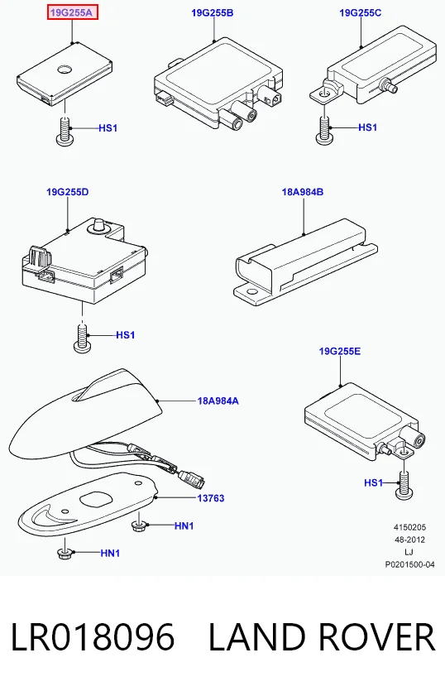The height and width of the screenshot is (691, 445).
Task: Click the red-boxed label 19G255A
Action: pyautogui.click(x=72, y=12)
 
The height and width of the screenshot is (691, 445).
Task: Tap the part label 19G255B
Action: pyautogui.click(x=213, y=12)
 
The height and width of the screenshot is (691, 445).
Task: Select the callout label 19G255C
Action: pyautogui.click(x=360, y=12)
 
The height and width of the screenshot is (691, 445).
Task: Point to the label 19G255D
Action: pyautogui.click(x=67, y=192)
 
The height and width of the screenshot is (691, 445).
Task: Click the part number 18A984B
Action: pyautogui.click(x=303, y=192)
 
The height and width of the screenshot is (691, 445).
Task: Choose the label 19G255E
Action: pyautogui.click(x=340, y=351)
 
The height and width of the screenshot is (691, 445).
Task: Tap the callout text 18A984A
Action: pyautogui.click(x=218, y=401)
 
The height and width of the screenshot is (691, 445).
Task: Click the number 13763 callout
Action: pyautogui.click(x=211, y=498)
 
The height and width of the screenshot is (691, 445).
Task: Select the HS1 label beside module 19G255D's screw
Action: pyautogui.click(x=126, y=335)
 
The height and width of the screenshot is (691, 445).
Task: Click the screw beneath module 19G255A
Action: pyautogui.click(x=65, y=131)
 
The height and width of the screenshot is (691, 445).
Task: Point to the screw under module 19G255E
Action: pyautogui.click(x=404, y=485)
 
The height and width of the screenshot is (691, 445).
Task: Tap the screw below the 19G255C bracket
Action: pyautogui.click(x=324, y=130)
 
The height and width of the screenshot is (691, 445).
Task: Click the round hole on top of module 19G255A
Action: pyautogui.click(x=65, y=69)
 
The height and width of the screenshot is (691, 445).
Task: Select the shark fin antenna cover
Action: pyautogui.click(x=86, y=415)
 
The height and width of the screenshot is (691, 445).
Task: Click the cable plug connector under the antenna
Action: pyautogui.click(x=192, y=479)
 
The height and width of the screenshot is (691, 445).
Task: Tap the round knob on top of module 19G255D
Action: pyautogui.click(x=99, y=224)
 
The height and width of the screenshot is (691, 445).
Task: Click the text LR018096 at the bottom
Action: pyautogui.click(x=92, y=636)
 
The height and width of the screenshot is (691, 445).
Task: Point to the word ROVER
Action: pyautogui.click(x=376, y=636)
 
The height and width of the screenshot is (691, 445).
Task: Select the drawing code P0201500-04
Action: pyautogui.click(x=409, y=564)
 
